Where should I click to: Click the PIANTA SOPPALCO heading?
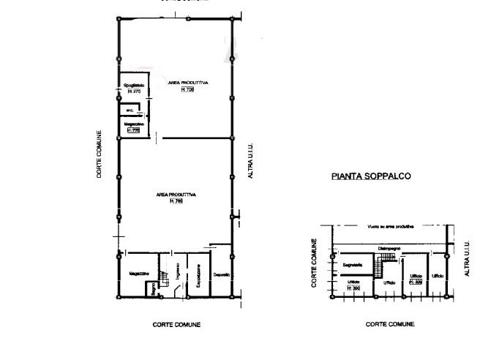coord(371,176)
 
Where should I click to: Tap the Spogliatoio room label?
coord(133,86)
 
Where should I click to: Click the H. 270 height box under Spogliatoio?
coord(133,91)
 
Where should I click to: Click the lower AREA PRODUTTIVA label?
coord(176,195)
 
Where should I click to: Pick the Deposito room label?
coord(222,274)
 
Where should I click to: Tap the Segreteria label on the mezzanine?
coord(353,263)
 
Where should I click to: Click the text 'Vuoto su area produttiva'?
coord(391,227)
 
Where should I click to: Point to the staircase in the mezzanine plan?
coord(380,260)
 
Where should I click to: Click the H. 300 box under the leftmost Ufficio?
coord(353,287)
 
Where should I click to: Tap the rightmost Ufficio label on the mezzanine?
coord(438,276)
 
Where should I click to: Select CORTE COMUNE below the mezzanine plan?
coord(391,323)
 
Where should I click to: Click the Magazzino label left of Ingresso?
coord(139,274)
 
